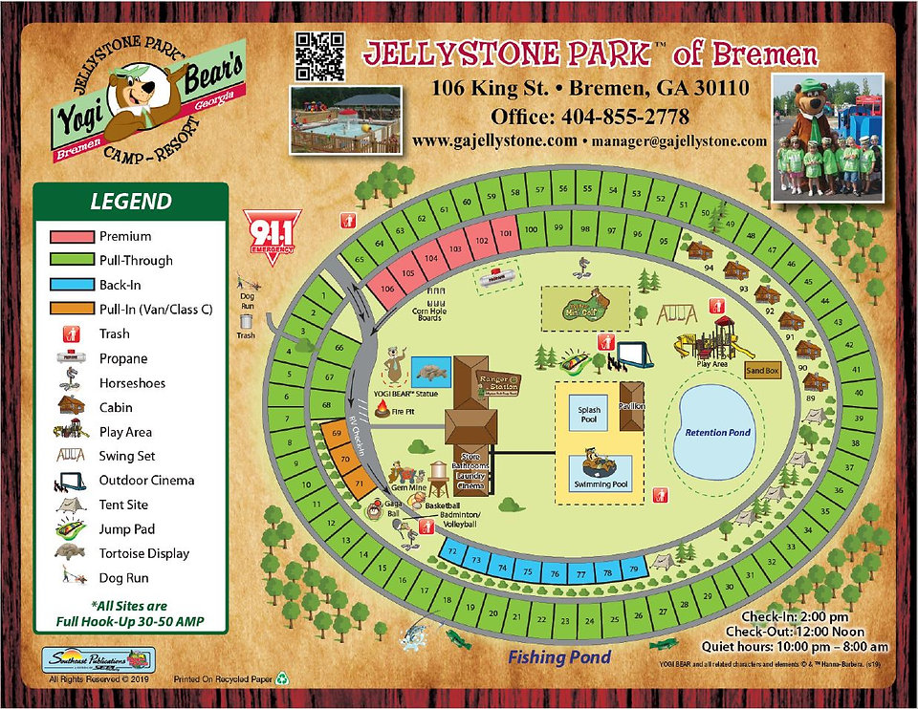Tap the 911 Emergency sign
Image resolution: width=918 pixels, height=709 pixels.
click(271, 230)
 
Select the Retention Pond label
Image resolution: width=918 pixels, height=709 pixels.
click(718, 432)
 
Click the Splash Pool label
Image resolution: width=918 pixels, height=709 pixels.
click(589, 414)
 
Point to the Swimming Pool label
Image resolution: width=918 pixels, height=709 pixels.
click(600, 484)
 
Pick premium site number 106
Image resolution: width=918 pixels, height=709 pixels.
click(386, 289)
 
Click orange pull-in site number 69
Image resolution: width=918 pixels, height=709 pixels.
click(336, 433)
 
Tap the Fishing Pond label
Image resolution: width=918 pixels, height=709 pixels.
click(558, 656)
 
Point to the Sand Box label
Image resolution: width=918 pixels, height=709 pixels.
click(762, 370)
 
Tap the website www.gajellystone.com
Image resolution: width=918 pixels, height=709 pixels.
click(494, 140)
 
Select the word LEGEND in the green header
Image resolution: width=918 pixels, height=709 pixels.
click(131, 202)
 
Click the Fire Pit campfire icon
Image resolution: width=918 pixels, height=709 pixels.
click(383, 408)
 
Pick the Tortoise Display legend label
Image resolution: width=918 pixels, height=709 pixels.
click(143, 553)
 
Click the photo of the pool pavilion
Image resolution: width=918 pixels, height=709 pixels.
click(345, 119)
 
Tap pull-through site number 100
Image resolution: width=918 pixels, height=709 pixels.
click(532, 229)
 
